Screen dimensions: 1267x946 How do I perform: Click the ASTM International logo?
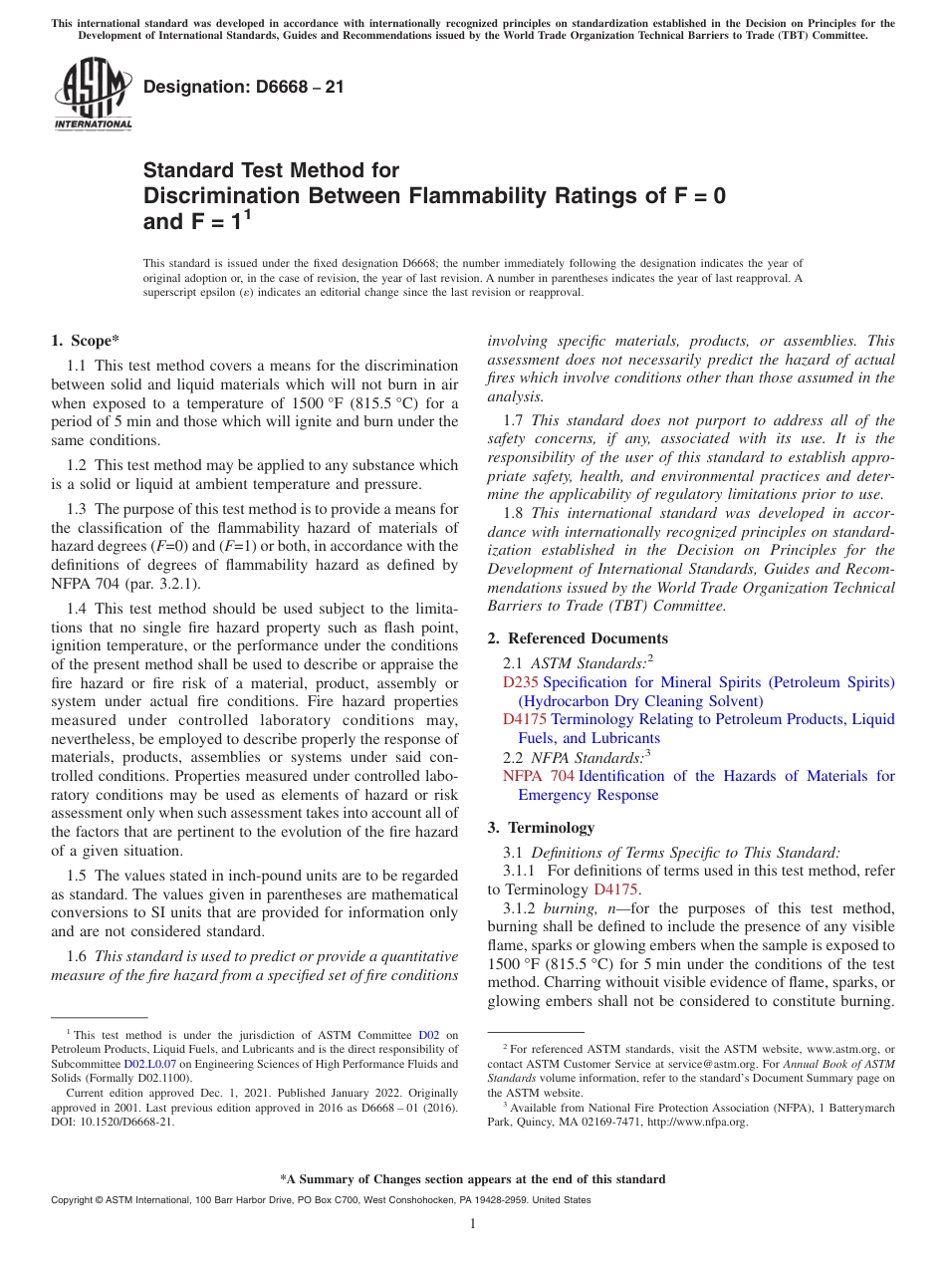tap(93, 94)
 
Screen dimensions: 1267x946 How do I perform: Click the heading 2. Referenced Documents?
tap(578, 638)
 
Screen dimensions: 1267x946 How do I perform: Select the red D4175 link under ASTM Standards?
tap(525, 719)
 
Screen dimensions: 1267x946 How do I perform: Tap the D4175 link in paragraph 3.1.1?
tap(615, 889)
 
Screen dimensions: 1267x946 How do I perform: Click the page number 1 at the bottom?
tap(473, 1223)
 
